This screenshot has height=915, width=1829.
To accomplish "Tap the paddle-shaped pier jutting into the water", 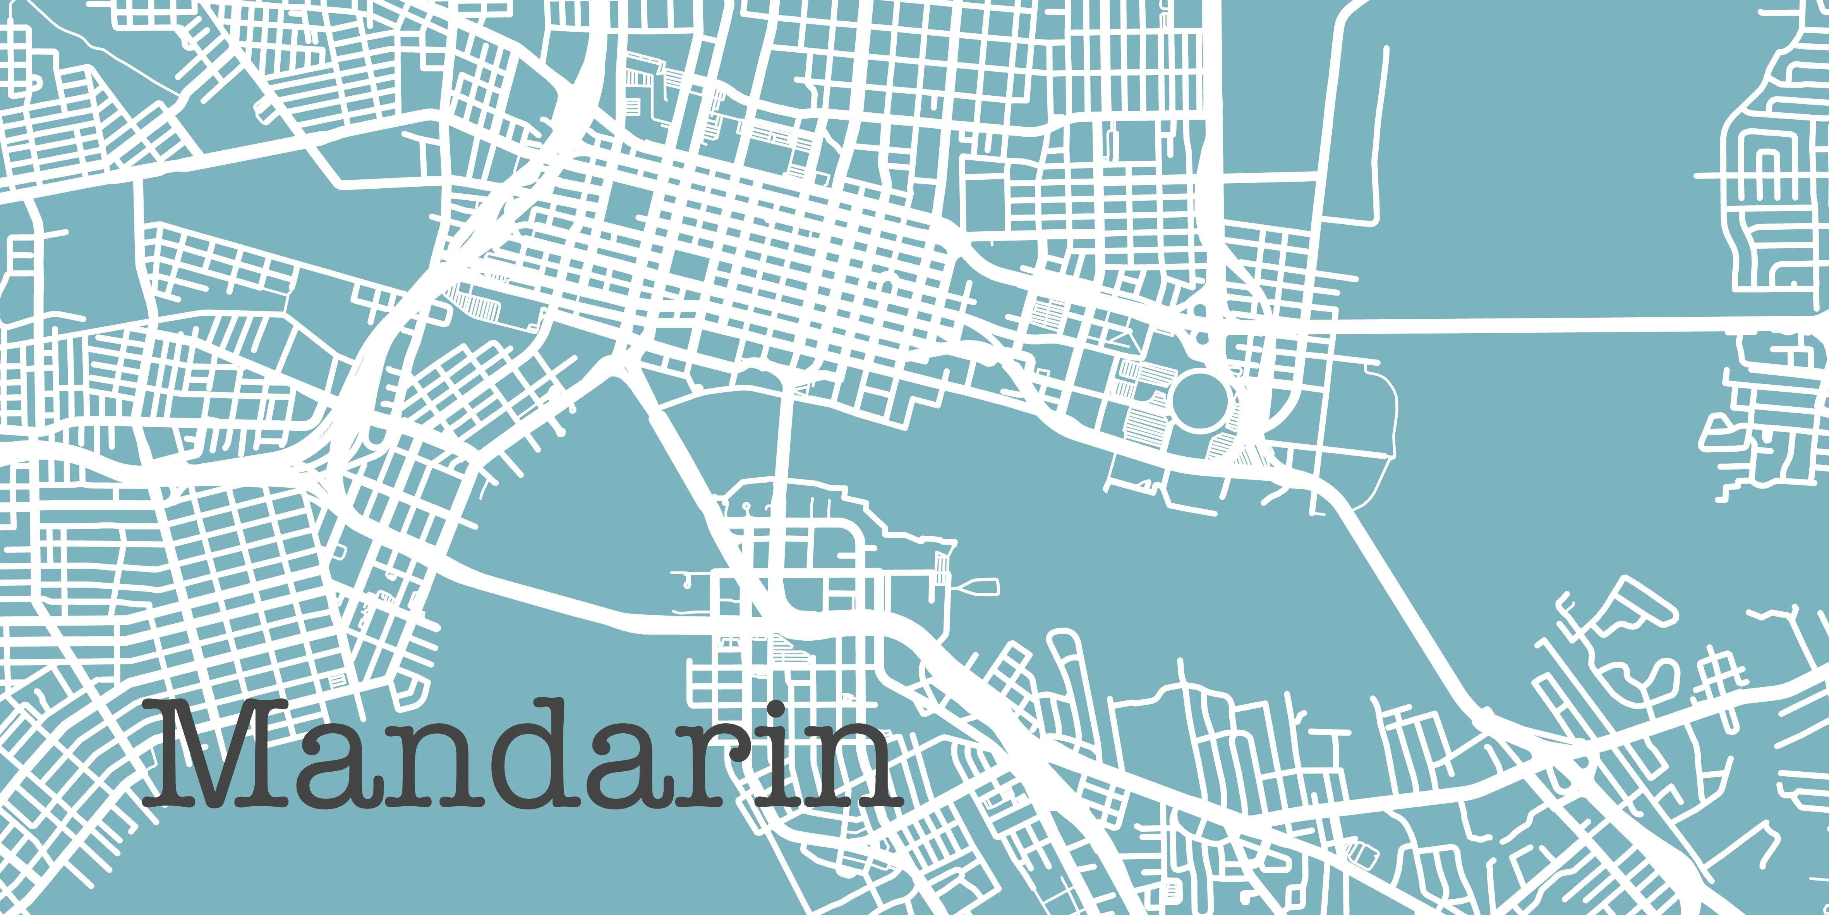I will (x=980, y=587).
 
